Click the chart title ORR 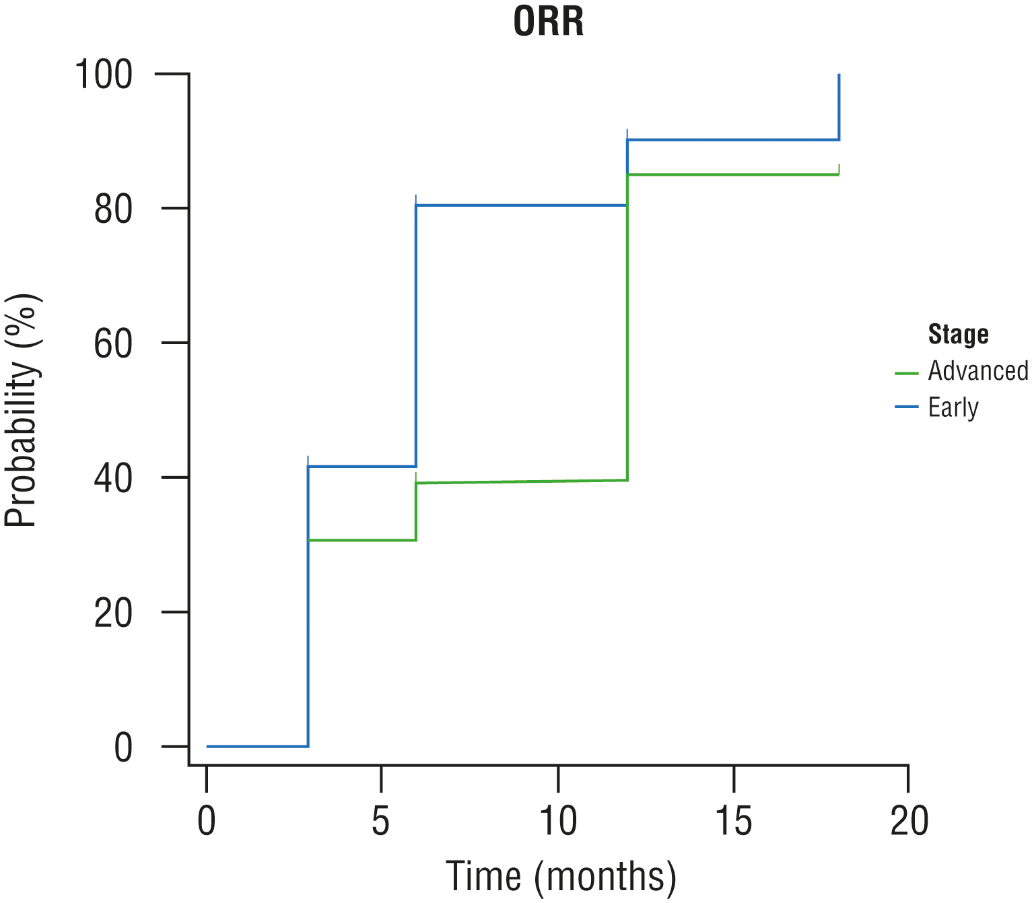pos(548,22)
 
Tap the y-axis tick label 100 pos(103,74)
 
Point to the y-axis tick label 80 pos(113,209)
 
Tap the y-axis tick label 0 pos(123,747)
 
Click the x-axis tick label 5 pos(381,822)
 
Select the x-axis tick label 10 pos(557,822)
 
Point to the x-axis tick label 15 pos(733,822)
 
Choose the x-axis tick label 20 pos(909,822)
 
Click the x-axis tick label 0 pos(207,822)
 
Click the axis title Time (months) pos(561,877)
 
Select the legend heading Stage pos(958,334)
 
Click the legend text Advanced pos(977,370)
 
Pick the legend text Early pos(953,407)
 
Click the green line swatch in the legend pos(906,372)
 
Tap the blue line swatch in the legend pos(906,407)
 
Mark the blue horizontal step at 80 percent pos(522,205)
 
